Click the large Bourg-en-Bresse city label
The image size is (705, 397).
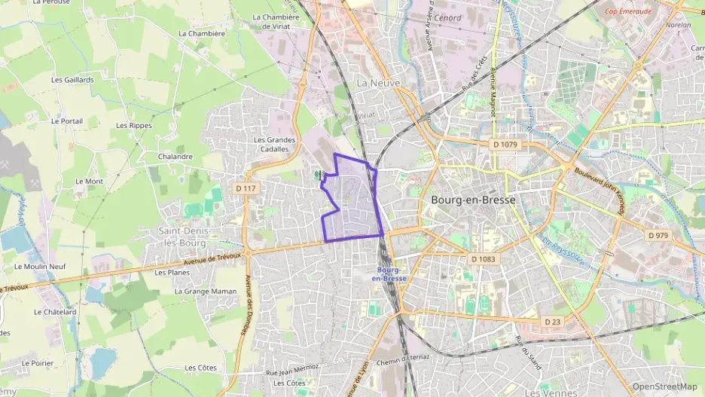[473, 200]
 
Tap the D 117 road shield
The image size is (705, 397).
[246, 188]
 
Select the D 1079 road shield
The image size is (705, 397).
[505, 144]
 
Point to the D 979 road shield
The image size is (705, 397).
[658, 235]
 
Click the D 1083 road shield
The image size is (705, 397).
[484, 259]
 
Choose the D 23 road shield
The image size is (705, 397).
[552, 322]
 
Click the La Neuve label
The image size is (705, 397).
[379, 82]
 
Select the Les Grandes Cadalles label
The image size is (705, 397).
[274, 144]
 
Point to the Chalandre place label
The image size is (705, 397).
[175, 157]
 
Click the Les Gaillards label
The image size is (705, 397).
[72, 80]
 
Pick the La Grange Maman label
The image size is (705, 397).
[205, 291]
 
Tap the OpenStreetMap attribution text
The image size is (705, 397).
[665, 386]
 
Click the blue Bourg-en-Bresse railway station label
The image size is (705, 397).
[389, 273]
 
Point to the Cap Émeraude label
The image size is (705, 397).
[627, 11]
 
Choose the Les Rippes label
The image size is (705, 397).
[134, 126]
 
